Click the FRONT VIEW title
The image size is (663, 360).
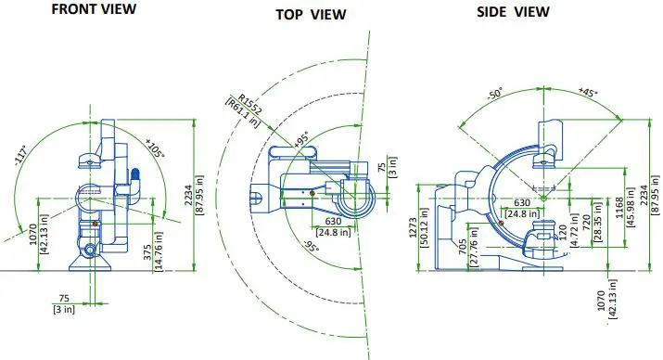pos(93,9)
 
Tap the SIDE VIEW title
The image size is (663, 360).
pos(513,11)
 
